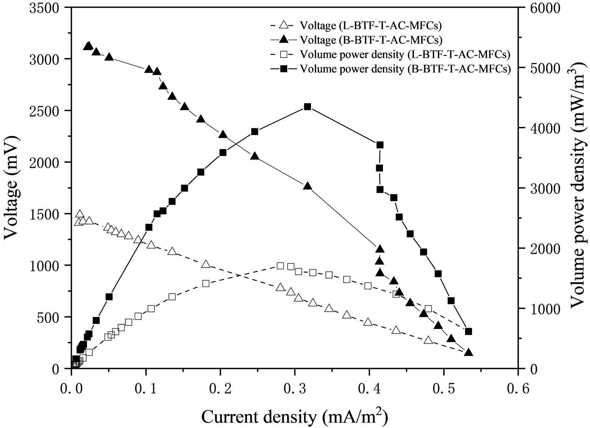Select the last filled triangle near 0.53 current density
coord(469,352)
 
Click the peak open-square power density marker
coord(280,266)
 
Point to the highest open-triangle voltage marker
coord(79,214)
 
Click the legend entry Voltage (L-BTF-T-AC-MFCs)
coord(371,25)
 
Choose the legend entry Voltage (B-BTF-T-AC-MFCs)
coord(371,39)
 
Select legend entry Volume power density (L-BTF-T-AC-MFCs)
coord(405,55)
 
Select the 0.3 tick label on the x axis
coord(295,388)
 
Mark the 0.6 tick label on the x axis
coord(518,388)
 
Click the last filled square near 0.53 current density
coord(469,331)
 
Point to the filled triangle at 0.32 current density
coord(308,186)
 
